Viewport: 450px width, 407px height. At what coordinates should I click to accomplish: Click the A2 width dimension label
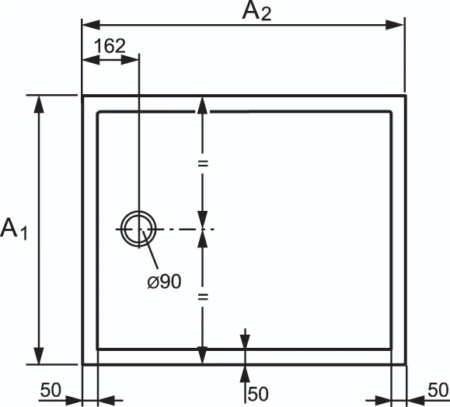[256, 12]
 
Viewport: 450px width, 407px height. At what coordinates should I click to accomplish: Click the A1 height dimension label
[14, 229]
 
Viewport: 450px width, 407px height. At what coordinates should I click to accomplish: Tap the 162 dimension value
[110, 46]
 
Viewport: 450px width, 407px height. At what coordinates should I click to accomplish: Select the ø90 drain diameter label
[164, 281]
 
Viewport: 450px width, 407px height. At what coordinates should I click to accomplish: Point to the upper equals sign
[203, 164]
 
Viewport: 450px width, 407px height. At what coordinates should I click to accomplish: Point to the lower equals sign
[203, 297]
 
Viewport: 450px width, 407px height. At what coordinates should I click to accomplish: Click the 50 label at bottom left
[51, 390]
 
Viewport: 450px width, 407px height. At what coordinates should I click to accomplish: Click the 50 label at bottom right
[438, 390]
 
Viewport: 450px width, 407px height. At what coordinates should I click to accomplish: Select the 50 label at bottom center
[258, 394]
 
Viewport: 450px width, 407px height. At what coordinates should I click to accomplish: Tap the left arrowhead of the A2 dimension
[91, 25]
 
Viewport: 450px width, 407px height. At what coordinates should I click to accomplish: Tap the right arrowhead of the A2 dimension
[395, 25]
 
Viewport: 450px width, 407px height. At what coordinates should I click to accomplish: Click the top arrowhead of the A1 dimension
[39, 104]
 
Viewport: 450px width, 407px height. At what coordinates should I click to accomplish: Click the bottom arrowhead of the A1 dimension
[39, 356]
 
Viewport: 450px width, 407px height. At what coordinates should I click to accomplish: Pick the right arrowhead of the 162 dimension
[130, 60]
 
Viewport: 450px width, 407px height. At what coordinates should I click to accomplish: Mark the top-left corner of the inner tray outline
[99, 112]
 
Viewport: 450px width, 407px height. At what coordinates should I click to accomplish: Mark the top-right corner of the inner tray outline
[390, 112]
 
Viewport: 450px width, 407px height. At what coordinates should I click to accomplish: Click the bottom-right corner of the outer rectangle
[405, 364]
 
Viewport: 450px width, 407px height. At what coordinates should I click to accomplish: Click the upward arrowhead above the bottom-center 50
[245, 374]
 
